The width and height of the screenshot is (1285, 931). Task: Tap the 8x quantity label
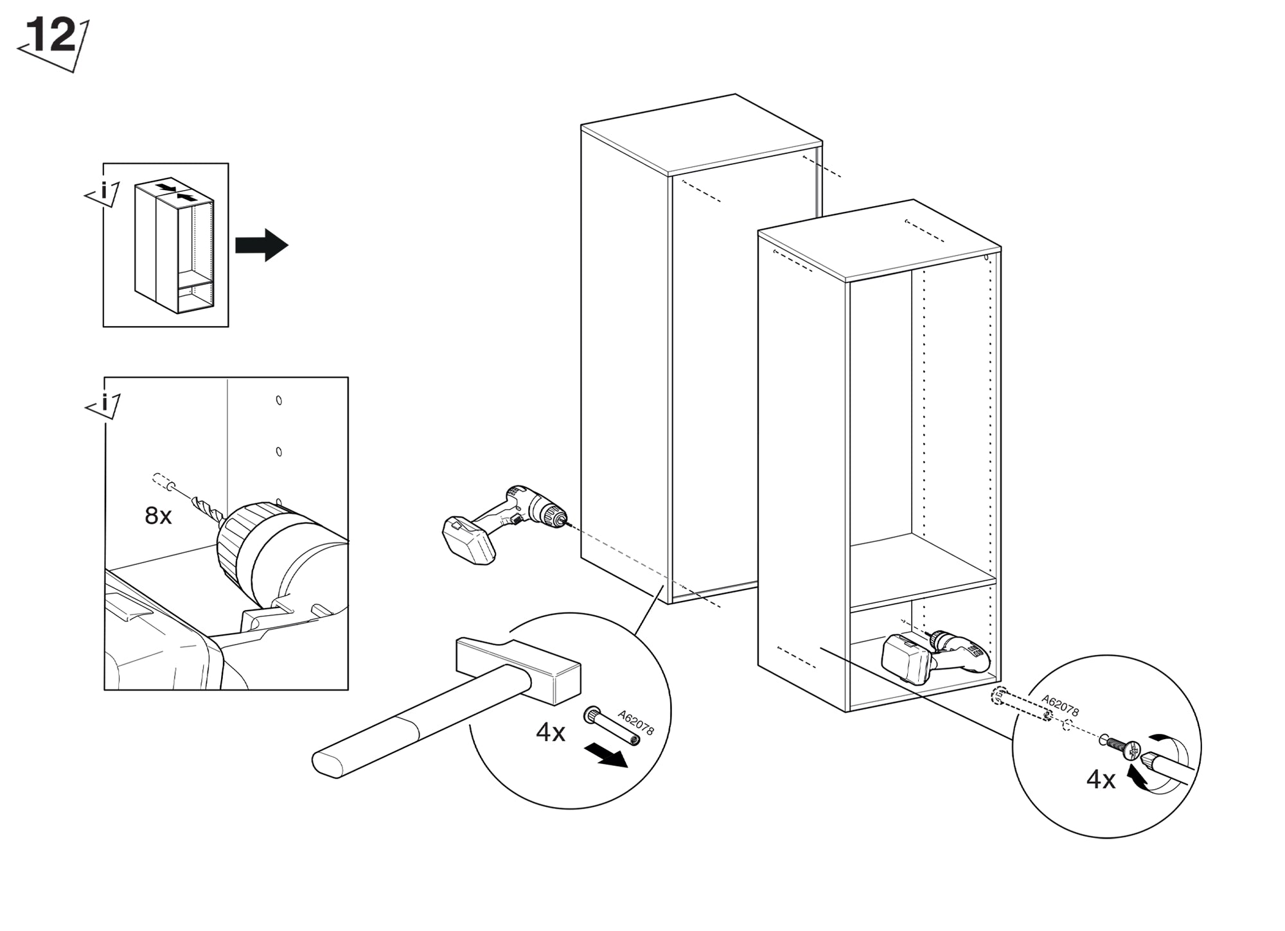(x=158, y=516)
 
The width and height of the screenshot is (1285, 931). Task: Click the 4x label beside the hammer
(x=551, y=733)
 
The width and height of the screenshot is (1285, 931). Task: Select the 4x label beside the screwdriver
(x=1101, y=779)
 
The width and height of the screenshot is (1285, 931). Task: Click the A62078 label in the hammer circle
(x=635, y=722)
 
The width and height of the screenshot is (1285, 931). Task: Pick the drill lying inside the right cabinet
(x=935, y=656)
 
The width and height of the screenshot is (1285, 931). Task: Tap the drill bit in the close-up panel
(x=207, y=507)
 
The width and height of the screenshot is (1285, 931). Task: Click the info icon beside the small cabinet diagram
(x=103, y=192)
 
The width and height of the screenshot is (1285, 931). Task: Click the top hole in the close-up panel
(x=279, y=401)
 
